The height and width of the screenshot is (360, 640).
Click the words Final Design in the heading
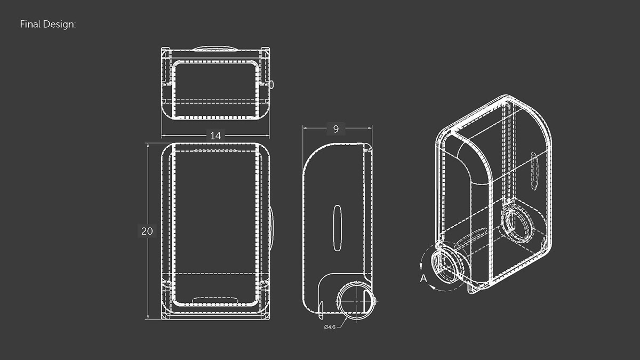(47, 25)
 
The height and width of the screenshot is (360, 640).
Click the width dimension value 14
(215, 136)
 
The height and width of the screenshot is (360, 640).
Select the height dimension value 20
(147, 231)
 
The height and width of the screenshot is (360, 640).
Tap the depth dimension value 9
(335, 128)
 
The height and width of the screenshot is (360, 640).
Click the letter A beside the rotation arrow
(423, 278)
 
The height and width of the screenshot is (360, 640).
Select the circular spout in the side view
(355, 302)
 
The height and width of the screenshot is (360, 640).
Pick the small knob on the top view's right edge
(271, 84)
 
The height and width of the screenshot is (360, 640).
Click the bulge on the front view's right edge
(271, 229)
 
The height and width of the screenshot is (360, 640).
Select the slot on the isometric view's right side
(533, 171)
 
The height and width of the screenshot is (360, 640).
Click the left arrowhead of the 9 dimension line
(305, 128)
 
